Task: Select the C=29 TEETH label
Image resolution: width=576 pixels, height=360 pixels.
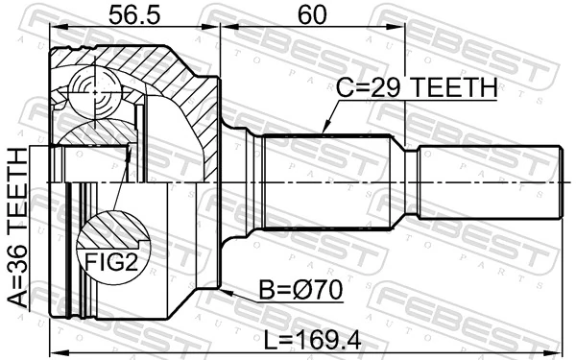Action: [416, 88]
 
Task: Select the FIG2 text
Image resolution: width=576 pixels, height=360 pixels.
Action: [113, 262]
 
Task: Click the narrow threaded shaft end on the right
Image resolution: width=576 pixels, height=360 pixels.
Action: [490, 182]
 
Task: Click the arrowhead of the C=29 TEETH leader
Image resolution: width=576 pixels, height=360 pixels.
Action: [324, 132]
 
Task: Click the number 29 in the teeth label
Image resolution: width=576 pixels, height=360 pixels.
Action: [393, 88]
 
